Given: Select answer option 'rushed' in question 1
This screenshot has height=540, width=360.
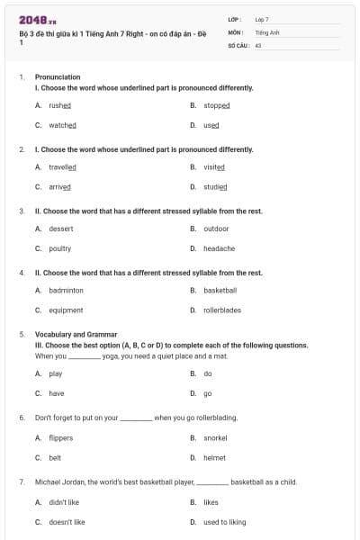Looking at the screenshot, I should [60, 105].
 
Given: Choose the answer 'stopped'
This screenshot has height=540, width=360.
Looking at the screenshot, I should [217, 105].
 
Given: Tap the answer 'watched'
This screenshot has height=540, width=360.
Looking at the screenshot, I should [62, 125].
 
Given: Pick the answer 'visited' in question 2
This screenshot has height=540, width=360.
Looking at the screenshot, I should [214, 167].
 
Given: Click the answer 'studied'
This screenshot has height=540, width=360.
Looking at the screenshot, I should [215, 187].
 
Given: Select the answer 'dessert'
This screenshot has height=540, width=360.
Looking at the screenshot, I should [61, 229].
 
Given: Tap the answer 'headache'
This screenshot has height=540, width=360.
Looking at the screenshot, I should [219, 248].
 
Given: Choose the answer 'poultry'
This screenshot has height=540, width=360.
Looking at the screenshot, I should [60, 248].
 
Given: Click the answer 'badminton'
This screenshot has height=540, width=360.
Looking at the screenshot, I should [66, 291].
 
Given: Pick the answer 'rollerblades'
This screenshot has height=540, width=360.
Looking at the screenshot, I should [222, 310].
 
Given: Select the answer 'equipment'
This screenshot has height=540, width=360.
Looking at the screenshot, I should [66, 310].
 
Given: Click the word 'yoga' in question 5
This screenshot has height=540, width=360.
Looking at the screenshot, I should [111, 355].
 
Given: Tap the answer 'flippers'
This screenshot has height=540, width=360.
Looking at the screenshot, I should [61, 438].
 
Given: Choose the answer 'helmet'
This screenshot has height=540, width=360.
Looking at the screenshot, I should [215, 458].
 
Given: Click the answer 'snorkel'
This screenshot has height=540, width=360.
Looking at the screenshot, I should [216, 438].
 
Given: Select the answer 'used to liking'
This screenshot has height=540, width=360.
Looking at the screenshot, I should [224, 522].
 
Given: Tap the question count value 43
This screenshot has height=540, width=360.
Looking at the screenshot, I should [258, 44].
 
